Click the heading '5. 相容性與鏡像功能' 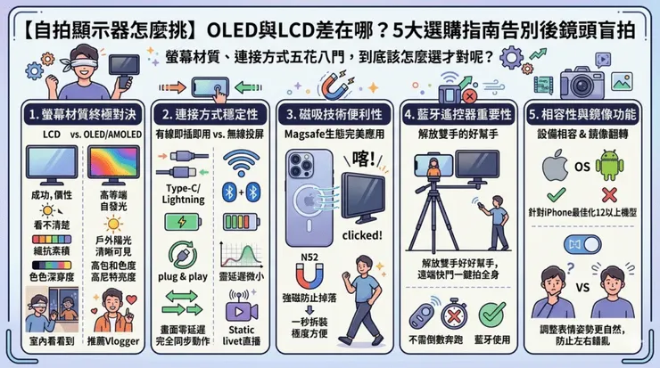584,116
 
